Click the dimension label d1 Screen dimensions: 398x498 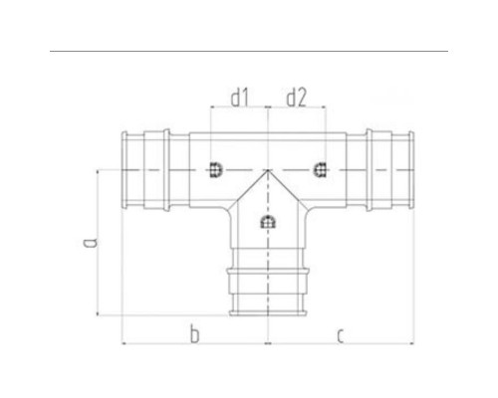(239, 99)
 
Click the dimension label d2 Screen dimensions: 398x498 (296, 99)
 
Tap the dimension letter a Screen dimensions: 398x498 (88, 242)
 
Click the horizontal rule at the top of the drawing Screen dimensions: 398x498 (249, 50)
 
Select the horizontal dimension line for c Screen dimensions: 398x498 (341, 344)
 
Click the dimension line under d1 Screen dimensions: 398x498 (239, 109)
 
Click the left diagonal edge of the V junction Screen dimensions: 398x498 (248, 186)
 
